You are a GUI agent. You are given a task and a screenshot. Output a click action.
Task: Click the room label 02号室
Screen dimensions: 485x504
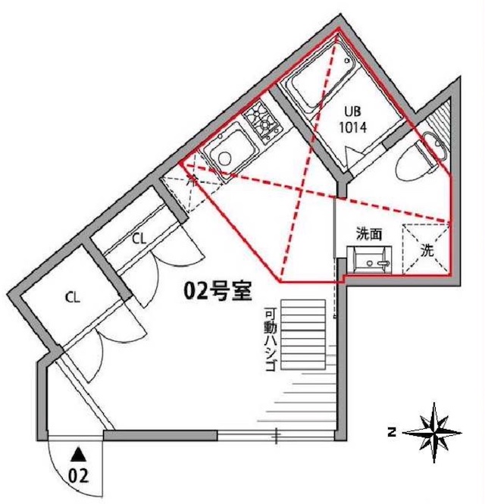(x=217, y=291)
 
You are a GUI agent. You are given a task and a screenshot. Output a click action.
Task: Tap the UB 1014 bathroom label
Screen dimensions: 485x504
(x=353, y=120)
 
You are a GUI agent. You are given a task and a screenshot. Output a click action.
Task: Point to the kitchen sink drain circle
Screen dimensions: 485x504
(x=224, y=158)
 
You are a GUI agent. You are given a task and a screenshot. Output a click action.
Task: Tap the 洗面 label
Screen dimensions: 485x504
(x=369, y=234)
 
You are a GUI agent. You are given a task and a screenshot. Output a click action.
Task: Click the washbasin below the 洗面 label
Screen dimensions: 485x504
(x=369, y=260)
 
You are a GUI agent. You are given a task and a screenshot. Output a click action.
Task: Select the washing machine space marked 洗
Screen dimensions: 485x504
(x=427, y=250)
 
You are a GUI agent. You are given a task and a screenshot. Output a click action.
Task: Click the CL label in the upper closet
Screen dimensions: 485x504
(x=139, y=239)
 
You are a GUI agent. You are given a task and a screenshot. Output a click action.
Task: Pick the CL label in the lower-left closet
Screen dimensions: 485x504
(x=72, y=297)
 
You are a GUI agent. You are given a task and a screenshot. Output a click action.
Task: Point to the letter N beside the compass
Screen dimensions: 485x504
(x=392, y=432)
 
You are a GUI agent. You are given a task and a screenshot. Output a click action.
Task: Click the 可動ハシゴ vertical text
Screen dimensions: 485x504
(x=270, y=340)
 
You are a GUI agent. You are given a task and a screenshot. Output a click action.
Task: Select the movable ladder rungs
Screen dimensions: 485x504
(x=303, y=334)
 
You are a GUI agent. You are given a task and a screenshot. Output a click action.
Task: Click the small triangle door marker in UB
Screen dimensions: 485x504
(x=349, y=157)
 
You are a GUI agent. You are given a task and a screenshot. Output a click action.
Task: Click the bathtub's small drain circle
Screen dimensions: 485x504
(x=347, y=60)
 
